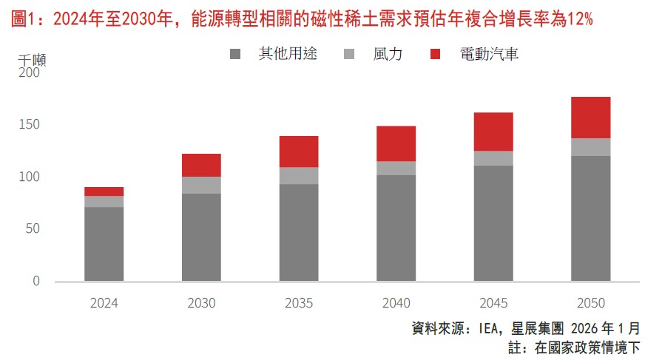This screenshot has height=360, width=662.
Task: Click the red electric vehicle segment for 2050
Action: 590,118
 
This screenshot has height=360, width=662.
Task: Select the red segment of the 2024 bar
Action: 104,191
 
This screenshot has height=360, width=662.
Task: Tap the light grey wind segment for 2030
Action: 201,185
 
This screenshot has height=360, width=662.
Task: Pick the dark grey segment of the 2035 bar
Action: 299,233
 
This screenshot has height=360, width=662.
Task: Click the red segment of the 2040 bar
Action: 396,143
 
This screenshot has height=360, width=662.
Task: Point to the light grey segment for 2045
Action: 493,158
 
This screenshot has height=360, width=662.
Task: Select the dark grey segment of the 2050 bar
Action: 590,219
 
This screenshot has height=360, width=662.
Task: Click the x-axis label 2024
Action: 104,303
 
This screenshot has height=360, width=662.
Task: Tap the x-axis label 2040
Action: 396,303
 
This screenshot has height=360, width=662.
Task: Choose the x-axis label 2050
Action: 590,303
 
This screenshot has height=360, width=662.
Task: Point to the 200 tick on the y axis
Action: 30,73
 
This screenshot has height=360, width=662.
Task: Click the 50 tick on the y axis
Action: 33,229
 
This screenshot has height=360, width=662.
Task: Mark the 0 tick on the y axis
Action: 36,282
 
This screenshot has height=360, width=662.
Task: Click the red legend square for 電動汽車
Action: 435,54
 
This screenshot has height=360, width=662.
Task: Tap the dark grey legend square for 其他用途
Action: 235,54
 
